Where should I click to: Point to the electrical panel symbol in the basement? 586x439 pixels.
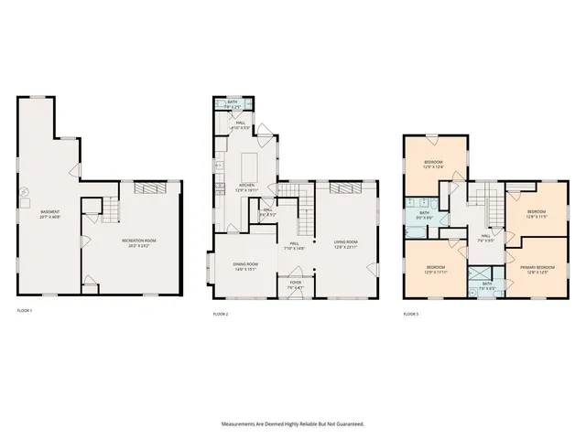(25, 193)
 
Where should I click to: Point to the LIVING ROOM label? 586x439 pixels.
(345, 243)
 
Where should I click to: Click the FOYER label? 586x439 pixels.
(295, 284)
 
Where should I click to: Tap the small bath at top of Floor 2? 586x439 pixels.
(233, 104)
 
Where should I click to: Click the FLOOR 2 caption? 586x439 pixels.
(220, 314)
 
